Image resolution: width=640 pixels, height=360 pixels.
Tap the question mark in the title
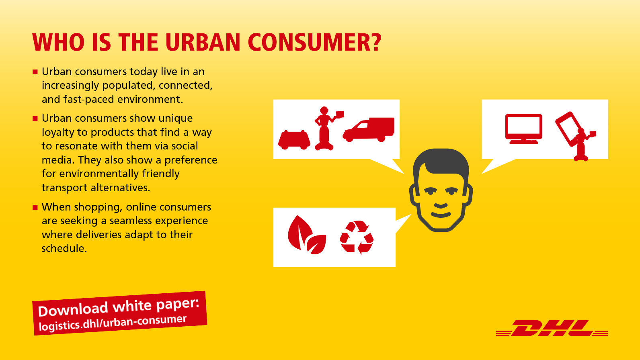[x=374, y=42]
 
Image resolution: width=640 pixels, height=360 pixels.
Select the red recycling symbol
[x=357, y=237]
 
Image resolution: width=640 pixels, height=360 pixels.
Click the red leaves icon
[x=307, y=235]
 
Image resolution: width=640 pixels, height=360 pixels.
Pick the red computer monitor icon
[x=523, y=129]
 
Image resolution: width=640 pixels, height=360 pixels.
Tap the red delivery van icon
[x=369, y=129]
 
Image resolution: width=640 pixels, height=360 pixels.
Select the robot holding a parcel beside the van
[x=327, y=128]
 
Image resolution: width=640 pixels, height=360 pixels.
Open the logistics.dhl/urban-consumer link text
[x=113, y=323]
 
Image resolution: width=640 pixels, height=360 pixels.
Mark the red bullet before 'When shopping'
[x=35, y=207]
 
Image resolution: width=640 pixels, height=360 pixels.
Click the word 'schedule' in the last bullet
[x=64, y=248]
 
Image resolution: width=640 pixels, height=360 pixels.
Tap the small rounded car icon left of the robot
[x=294, y=140]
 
